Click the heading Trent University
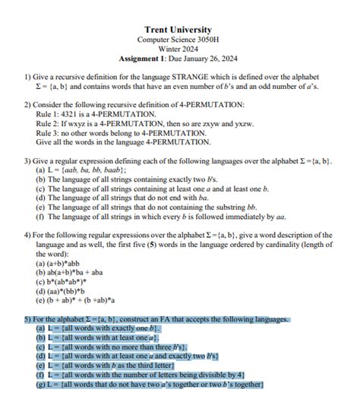[x=177, y=30]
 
